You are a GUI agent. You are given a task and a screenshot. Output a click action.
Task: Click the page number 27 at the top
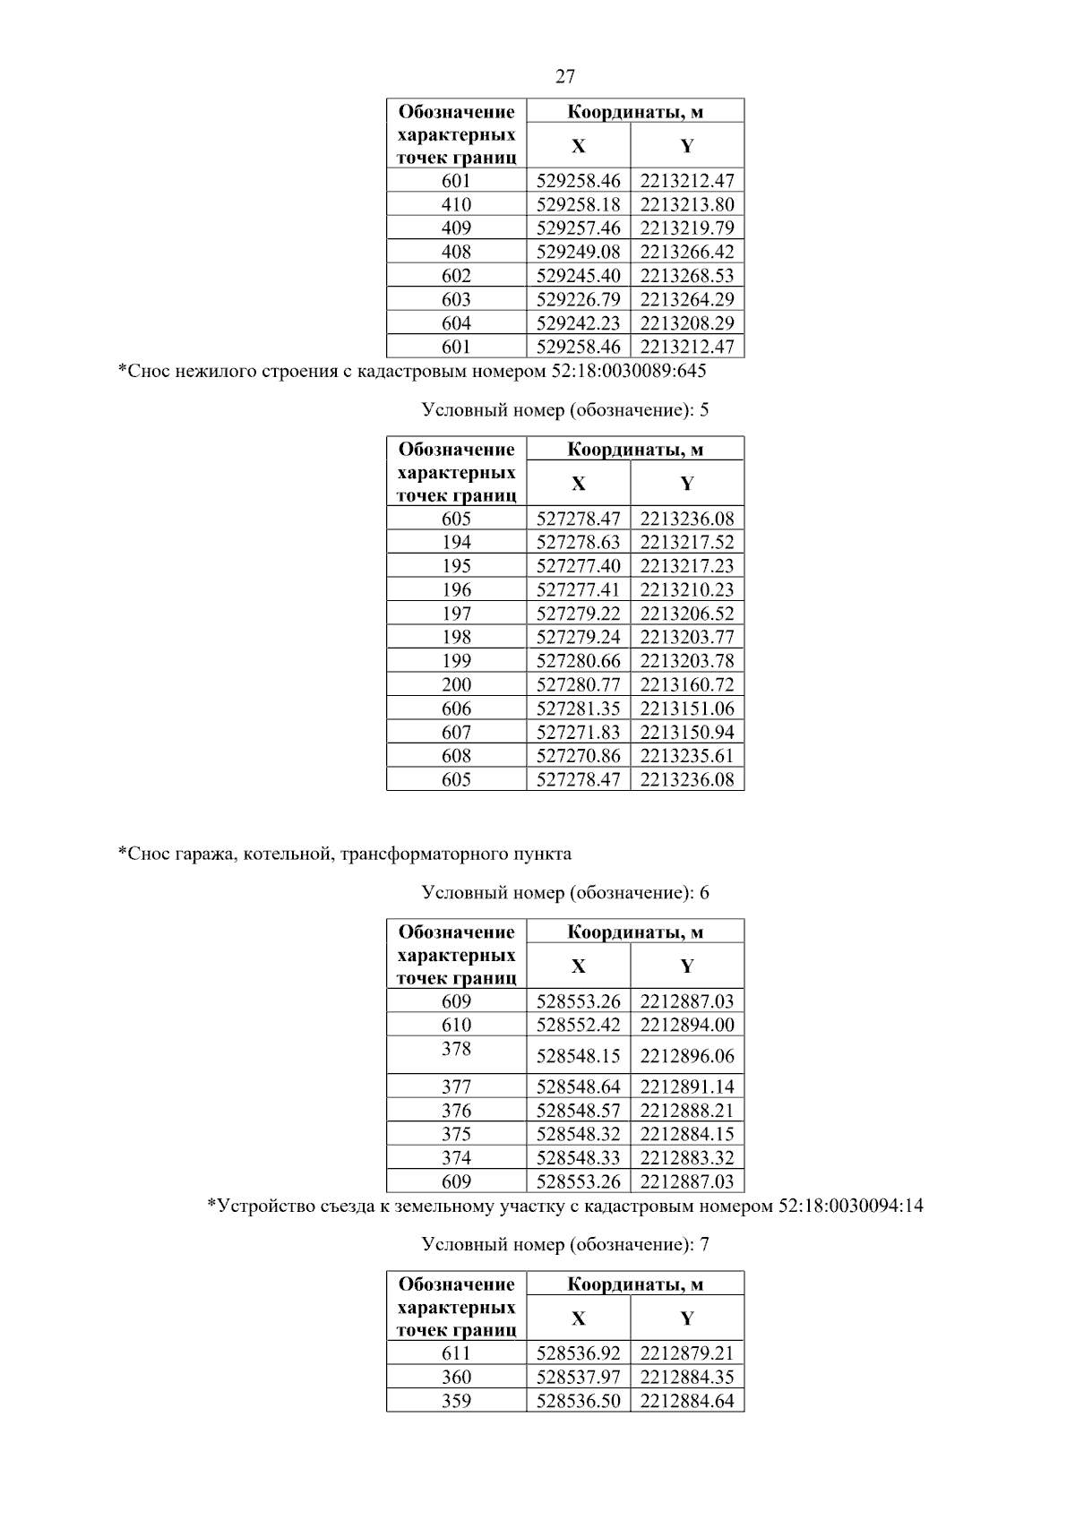[x=565, y=77]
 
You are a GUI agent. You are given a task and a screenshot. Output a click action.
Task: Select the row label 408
[x=456, y=252]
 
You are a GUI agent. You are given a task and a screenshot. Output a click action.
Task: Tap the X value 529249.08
[x=578, y=252]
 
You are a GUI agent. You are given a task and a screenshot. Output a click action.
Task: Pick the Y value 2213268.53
[x=687, y=276]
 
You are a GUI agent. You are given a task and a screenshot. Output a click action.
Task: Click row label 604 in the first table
[x=456, y=323]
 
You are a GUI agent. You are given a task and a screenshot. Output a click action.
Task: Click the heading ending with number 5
[x=565, y=410]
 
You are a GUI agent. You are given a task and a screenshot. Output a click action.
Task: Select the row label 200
[x=456, y=685]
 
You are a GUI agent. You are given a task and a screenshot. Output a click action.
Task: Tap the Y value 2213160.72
[x=687, y=685]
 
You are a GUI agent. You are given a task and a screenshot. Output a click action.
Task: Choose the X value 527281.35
[x=578, y=708]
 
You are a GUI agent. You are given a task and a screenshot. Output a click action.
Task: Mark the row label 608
[x=456, y=756]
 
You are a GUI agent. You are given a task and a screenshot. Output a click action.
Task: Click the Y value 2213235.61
[x=687, y=756]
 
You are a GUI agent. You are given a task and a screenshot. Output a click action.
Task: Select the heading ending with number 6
[x=565, y=893]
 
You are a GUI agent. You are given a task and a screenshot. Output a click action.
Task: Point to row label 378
[x=456, y=1049]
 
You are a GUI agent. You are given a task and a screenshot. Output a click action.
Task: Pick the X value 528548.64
[x=578, y=1087]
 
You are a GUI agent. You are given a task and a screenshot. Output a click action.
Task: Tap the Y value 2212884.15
[x=687, y=1135]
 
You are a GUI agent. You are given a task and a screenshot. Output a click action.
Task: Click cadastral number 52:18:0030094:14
[x=850, y=1206]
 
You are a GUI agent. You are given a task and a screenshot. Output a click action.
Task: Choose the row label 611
[x=456, y=1353]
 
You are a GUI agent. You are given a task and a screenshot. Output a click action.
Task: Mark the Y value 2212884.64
[x=687, y=1401]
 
